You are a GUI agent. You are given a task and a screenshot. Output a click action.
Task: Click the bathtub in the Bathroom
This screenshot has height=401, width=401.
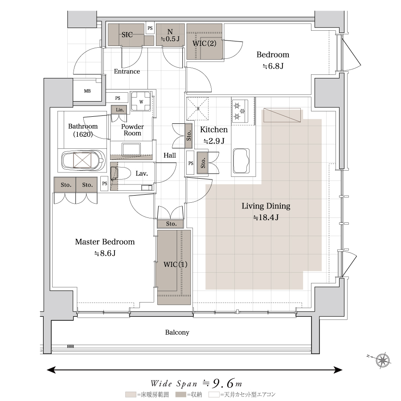[x=83, y=160]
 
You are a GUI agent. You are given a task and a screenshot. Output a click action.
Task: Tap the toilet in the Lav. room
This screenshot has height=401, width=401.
[x=120, y=173]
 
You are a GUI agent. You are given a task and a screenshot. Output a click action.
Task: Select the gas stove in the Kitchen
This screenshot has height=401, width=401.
[x=240, y=110]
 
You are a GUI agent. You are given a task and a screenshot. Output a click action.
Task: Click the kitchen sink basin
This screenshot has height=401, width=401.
[x=241, y=161]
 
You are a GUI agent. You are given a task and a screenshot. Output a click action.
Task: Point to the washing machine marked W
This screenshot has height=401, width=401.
[x=141, y=101]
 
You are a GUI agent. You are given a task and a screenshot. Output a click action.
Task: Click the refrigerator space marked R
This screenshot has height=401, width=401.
[x=197, y=109]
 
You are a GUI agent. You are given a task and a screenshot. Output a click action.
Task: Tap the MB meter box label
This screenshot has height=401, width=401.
[x=87, y=91]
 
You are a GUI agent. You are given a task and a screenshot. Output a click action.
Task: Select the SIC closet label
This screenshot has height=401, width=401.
[x=127, y=34]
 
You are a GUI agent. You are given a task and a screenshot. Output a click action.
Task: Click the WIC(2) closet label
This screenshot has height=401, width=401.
[x=205, y=43]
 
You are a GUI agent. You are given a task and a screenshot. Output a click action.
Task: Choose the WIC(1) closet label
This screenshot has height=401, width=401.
[x=176, y=264]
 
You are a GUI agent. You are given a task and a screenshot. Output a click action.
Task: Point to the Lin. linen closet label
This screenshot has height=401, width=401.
[x=120, y=110]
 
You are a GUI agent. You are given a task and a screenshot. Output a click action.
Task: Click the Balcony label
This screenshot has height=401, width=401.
[x=177, y=332]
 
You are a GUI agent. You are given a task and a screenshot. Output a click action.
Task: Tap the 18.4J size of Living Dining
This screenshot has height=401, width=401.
[x=266, y=217]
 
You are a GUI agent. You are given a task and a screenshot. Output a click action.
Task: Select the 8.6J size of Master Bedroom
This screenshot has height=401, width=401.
[x=105, y=253]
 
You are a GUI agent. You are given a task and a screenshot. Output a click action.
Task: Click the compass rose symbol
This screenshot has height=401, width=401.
[x=383, y=360]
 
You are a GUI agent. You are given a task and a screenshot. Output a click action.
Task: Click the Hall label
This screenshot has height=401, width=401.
[x=170, y=155]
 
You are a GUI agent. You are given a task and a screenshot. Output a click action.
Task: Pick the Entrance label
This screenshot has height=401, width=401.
[x=127, y=71]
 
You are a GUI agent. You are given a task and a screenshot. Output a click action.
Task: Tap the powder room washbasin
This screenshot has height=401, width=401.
[x=131, y=149]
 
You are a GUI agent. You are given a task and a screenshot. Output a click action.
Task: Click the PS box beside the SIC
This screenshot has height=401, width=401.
[x=150, y=29]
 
